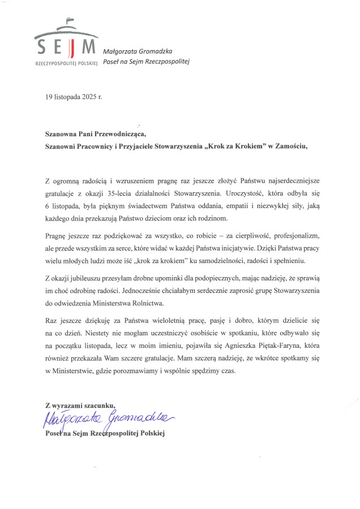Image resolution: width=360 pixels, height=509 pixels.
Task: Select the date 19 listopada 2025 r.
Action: tap(74, 97)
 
